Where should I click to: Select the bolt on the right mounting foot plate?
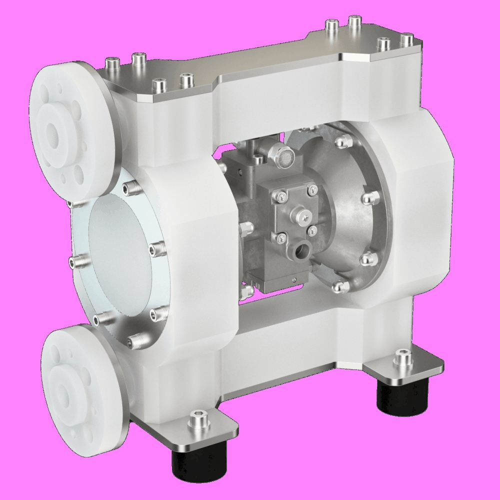tap(401, 358)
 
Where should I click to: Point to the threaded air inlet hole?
tap(302, 249)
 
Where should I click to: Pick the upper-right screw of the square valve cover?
tap(313, 188)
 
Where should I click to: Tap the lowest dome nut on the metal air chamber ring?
tap(340, 286)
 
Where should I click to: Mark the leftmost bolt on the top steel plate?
tap(110, 63)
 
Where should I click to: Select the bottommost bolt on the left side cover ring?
tap(133, 341)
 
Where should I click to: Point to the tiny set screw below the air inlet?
tap(295, 279)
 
